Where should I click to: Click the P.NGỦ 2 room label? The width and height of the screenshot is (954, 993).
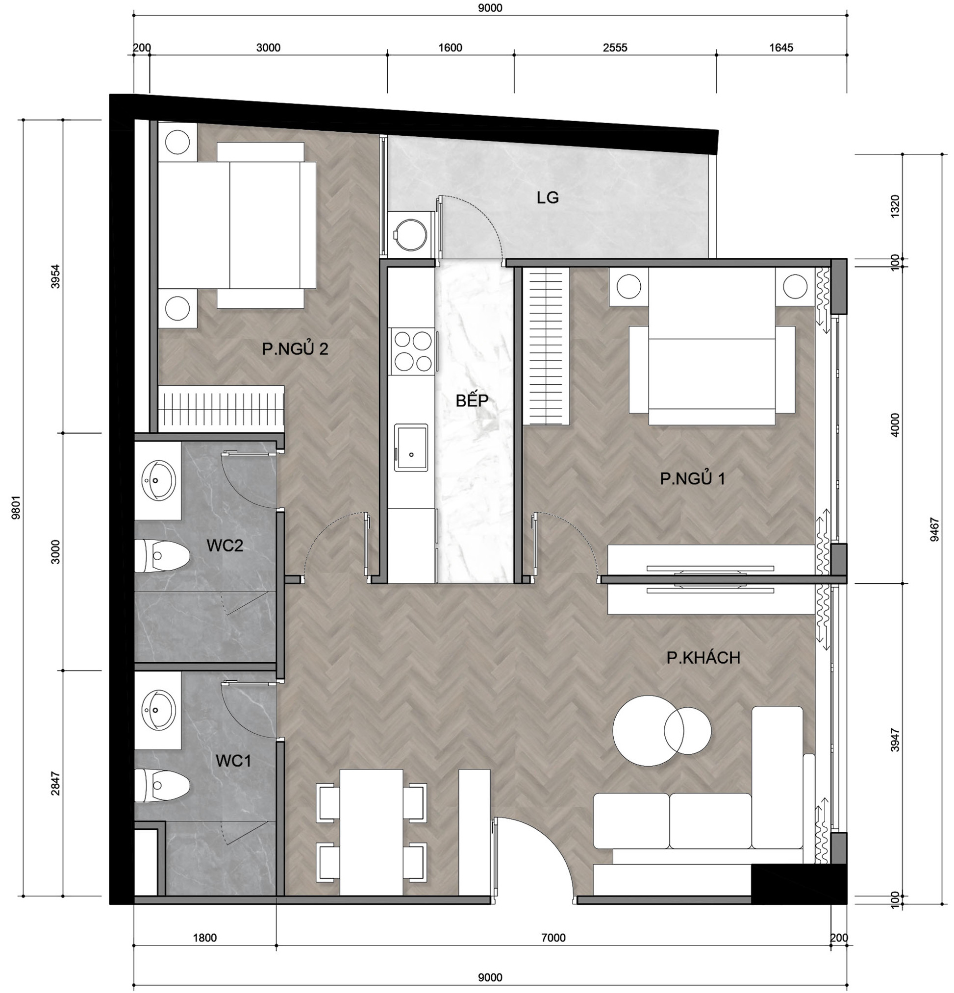(x=295, y=348)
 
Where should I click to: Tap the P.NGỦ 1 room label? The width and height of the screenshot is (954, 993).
(x=693, y=478)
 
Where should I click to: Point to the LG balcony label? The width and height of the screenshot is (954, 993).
(x=548, y=198)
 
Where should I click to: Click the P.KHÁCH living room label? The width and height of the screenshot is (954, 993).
(x=703, y=658)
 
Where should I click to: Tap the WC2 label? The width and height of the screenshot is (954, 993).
(x=225, y=546)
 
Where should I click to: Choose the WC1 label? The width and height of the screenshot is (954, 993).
(x=233, y=761)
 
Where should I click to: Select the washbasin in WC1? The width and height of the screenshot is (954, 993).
(x=158, y=710)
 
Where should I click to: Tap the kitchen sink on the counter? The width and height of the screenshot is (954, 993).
(x=411, y=448)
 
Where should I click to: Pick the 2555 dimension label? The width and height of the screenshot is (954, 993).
(x=615, y=48)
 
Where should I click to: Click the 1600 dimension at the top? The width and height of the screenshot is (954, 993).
(x=450, y=48)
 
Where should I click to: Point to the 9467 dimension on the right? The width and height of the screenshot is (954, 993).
(x=935, y=529)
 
